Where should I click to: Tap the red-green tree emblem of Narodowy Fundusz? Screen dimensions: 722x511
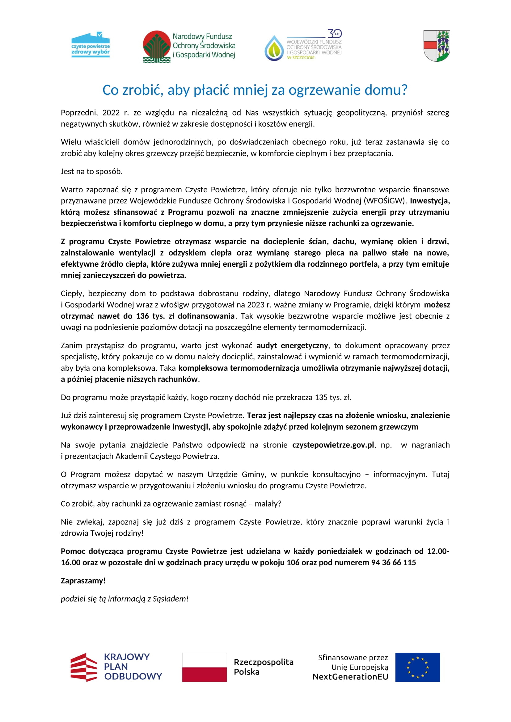[x=156, y=47]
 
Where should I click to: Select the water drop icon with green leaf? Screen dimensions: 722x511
[x=274, y=48]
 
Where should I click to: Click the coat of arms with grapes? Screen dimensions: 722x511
[x=437, y=46]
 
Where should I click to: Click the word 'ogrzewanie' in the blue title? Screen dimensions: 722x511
[x=325, y=90]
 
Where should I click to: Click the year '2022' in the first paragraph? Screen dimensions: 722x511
[x=111, y=113]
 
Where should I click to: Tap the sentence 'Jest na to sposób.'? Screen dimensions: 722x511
[x=91, y=171]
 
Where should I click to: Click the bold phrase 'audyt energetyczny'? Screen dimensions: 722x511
[x=292, y=346]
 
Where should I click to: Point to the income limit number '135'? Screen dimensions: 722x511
[x=321, y=398]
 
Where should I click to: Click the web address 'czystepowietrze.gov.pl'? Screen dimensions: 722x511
[x=333, y=445]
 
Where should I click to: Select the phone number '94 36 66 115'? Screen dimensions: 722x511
[x=393, y=563]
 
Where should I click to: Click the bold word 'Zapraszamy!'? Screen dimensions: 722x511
[x=83, y=581]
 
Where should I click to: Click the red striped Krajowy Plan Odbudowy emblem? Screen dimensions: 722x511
[x=84, y=667]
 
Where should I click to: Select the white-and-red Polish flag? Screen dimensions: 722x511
[x=204, y=667]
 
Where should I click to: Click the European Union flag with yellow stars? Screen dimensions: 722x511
[x=418, y=667]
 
